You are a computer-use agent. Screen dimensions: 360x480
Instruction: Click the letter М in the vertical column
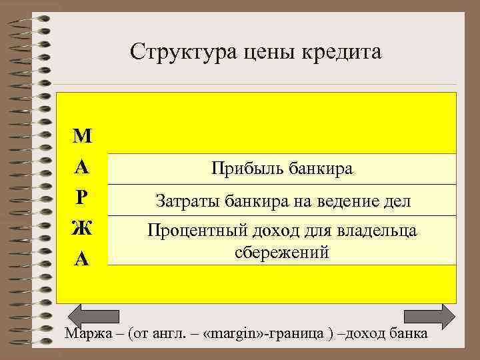pyautogui.click(x=82, y=137)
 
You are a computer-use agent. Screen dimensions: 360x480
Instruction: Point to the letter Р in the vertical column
pyautogui.click(x=82, y=199)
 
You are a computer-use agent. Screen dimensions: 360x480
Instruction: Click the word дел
pyautogui.click(x=396, y=200)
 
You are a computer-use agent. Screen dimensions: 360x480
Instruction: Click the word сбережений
pyautogui.click(x=282, y=253)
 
